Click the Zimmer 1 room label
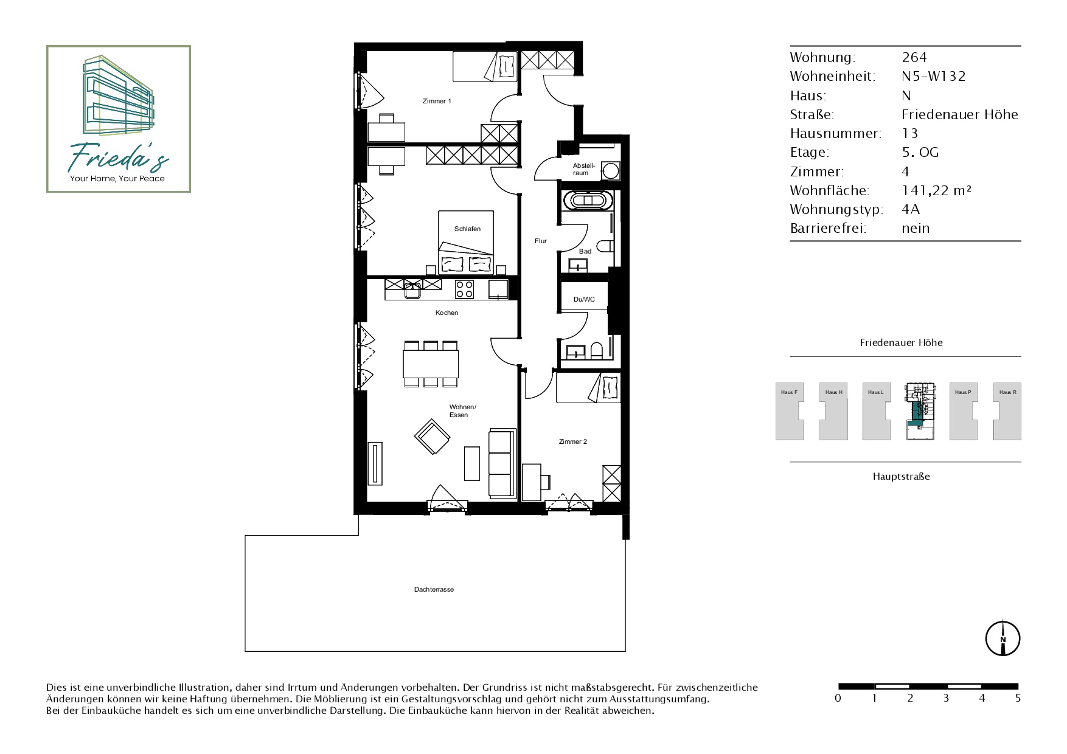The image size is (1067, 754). coord(437,101)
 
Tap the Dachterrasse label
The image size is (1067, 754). coord(434,589)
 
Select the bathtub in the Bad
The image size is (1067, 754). coord(587,200)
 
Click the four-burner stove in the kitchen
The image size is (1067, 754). coord(465,289)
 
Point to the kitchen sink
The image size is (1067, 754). coord(413,289)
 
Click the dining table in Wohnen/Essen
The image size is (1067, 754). coord(431,364)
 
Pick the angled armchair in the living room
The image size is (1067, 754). coord(432,437)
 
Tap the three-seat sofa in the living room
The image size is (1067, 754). coord(502,463)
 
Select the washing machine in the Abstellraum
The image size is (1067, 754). coord(610,170)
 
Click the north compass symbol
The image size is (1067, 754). coord(1003,638)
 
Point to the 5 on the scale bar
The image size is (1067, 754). coord(1018,698)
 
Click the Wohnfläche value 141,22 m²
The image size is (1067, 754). coord(936,190)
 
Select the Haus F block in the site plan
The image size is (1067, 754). coord(789,411)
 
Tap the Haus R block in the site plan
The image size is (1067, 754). coord(1007,411)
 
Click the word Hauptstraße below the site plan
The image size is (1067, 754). coord(901,477)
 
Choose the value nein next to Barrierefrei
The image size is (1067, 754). coord(916,229)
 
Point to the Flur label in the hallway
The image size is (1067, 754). coord(541,241)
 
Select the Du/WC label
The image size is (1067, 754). coord(584,299)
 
